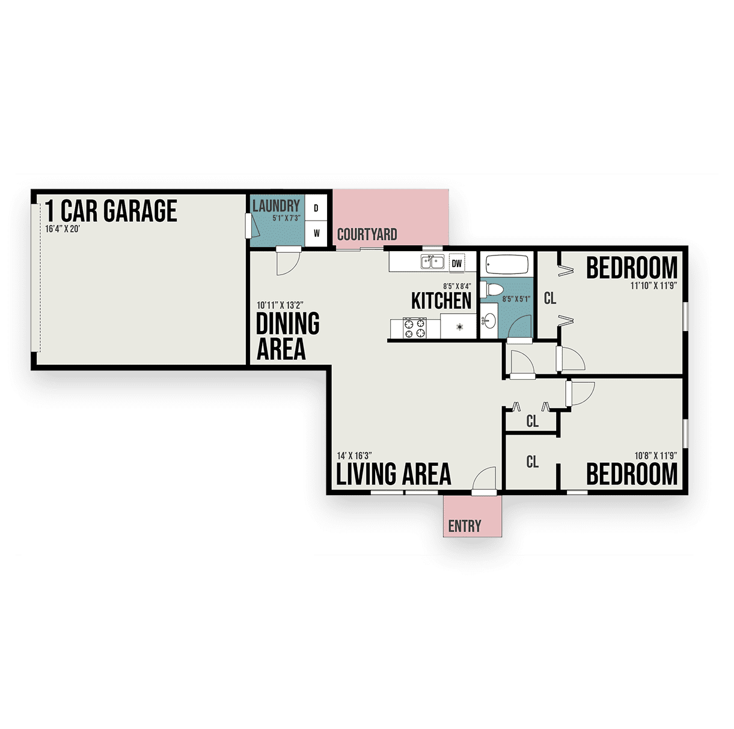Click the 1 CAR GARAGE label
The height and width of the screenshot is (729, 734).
click(111, 210)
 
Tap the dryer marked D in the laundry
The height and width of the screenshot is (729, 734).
click(316, 207)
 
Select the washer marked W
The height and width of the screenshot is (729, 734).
click(316, 233)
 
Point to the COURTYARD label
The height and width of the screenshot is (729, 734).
click(367, 234)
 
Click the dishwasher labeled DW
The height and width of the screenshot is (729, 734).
click(457, 263)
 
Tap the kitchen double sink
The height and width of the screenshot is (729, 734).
click(432, 262)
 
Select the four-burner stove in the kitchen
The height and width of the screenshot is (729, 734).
click(414, 328)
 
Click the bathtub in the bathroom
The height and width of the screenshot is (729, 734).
click(507, 265)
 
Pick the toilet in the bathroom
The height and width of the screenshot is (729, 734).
click(491, 290)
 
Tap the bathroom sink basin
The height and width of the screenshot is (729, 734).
click(489, 320)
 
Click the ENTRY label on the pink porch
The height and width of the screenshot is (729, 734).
click(465, 526)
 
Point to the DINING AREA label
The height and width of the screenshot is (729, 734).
click(287, 336)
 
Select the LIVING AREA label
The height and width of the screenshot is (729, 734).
click(394, 474)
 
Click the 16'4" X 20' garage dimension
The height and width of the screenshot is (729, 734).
click(63, 229)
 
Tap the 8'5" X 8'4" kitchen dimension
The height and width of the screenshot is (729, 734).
click(457, 286)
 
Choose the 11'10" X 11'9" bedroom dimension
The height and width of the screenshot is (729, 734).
click(653, 285)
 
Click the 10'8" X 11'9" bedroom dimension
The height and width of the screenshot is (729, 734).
click(655, 456)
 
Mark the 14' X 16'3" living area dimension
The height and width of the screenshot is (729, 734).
click(354, 456)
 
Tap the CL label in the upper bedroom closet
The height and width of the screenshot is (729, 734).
click(550, 298)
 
